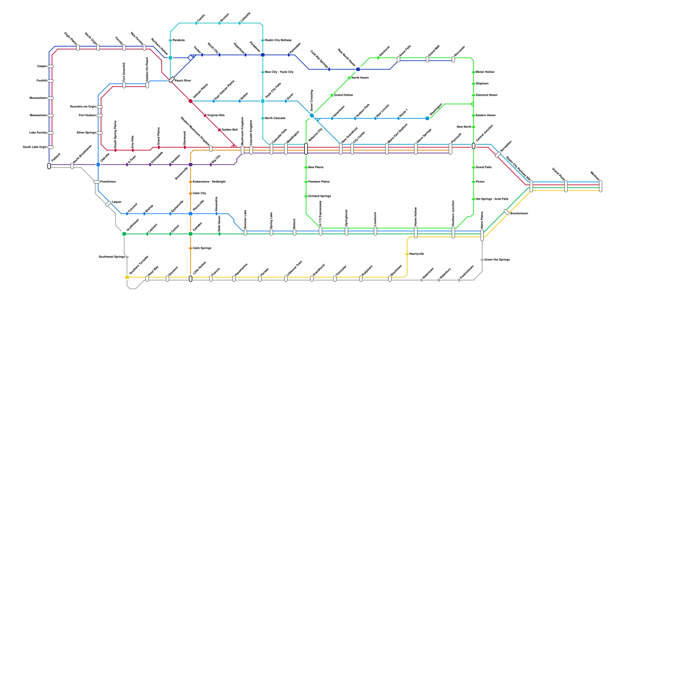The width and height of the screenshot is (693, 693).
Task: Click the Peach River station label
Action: [183, 81]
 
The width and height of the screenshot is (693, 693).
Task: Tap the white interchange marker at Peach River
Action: [172, 80]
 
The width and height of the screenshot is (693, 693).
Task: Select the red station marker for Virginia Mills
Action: [205, 116]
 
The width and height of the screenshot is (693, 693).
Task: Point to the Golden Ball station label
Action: [230, 130]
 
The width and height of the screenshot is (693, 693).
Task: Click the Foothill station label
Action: [42, 81]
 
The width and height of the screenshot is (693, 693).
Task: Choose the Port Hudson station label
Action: [87, 116]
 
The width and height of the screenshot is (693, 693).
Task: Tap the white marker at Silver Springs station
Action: [100, 133]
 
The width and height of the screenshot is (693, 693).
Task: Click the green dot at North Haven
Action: [350, 78]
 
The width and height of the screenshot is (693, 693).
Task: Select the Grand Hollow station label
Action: [343, 95]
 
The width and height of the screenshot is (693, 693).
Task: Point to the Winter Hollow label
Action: [485, 72]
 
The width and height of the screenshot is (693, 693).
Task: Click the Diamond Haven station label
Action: [486, 95]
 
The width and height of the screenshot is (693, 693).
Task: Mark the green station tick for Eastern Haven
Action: [473, 116]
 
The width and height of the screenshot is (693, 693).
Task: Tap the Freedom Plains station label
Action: [319, 182]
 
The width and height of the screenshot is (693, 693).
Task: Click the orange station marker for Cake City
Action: [191, 194]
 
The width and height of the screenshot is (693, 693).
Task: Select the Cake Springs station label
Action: [202, 249]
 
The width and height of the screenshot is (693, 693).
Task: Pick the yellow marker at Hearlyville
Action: [407, 254]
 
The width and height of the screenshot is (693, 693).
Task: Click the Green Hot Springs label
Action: [497, 260]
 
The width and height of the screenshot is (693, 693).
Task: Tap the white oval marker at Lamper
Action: [108, 204]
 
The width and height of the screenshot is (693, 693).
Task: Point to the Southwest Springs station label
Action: [112, 257]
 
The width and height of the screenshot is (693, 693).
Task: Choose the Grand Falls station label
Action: [483, 168]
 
